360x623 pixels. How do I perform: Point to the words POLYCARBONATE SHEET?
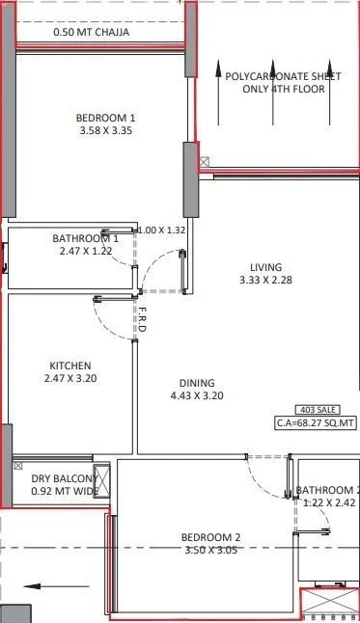click(282, 76)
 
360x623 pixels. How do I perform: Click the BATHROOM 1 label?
click(85, 238)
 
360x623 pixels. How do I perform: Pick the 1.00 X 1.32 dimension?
click(160, 230)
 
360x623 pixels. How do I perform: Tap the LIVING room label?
click(265, 267)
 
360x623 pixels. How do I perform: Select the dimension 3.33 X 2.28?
click(265, 281)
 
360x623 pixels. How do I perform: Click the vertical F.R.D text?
click(142, 321)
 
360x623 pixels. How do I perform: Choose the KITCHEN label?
click(69, 366)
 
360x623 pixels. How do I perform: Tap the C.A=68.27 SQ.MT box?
click(316, 422)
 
